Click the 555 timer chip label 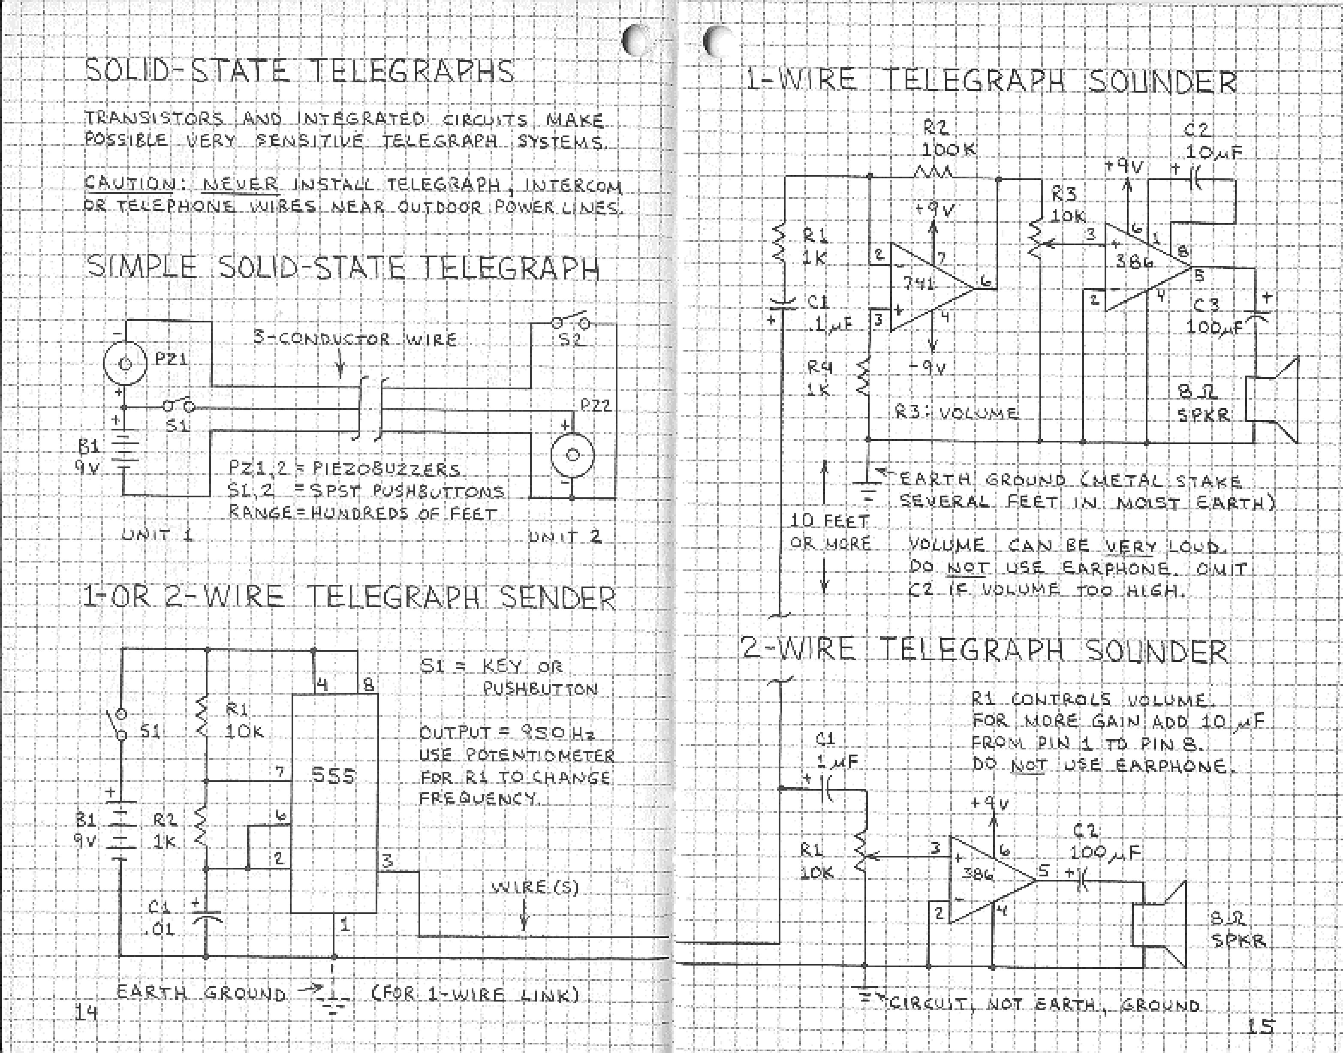(x=333, y=774)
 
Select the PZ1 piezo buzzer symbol (x=124, y=364)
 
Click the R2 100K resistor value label (x=949, y=150)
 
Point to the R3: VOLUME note (x=956, y=412)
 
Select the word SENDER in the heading (x=557, y=597)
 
